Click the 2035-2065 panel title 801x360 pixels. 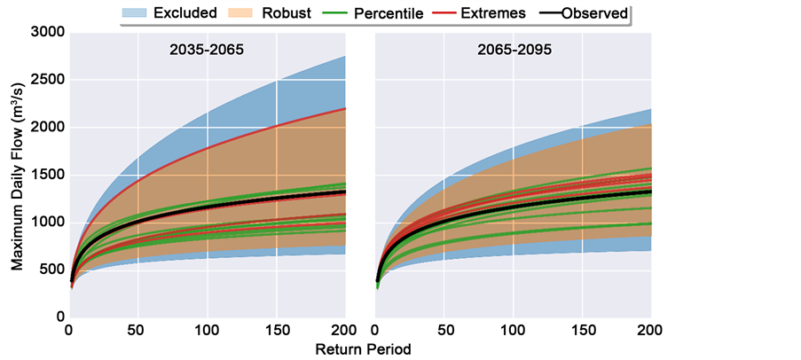(206, 51)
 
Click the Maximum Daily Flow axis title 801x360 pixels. (17, 174)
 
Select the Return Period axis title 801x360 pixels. (364, 349)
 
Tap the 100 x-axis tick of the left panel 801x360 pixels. (207, 331)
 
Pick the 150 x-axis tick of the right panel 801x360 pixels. (582, 331)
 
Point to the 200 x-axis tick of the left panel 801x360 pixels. (344, 331)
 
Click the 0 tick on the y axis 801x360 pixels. (59, 317)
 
